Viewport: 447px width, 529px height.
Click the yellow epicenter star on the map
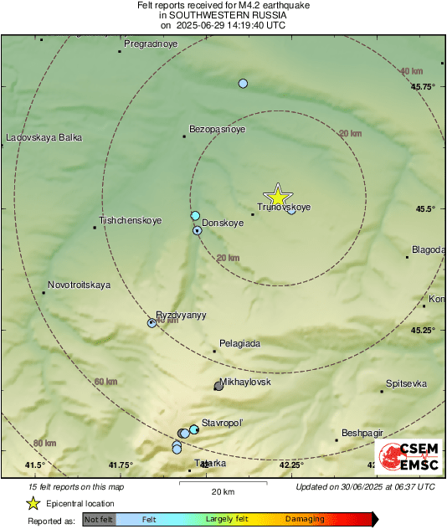pyautogui.click(x=278, y=196)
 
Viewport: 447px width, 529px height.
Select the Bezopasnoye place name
pyautogui.click(x=217, y=130)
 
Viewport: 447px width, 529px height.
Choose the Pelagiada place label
pyautogui.click(x=239, y=344)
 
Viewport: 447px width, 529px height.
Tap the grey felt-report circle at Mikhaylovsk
pyautogui.click(x=218, y=385)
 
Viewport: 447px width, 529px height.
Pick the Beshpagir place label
pyautogui.click(x=362, y=433)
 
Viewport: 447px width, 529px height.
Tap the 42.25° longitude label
pyautogui.click(x=290, y=465)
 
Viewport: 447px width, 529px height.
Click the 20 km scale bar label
pyautogui.click(x=223, y=490)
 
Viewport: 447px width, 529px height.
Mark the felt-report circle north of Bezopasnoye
pyautogui.click(x=243, y=84)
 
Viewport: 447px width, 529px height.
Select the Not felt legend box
pyautogui.click(x=99, y=520)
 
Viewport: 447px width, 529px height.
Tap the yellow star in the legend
pyautogui.click(x=33, y=503)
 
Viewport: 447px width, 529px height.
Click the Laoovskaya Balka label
pyautogui.click(x=44, y=137)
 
